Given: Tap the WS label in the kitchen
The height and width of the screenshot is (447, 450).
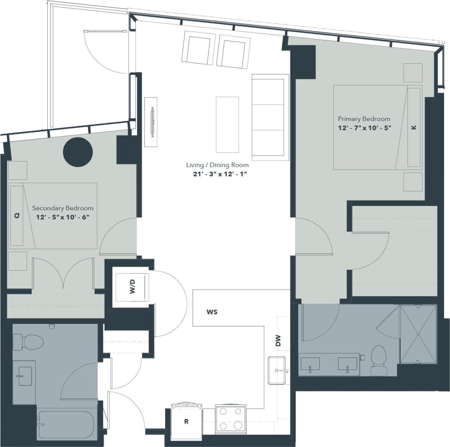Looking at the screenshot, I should pyautogui.click(x=211, y=312).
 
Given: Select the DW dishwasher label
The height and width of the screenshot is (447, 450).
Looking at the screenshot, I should pyautogui.click(x=278, y=340).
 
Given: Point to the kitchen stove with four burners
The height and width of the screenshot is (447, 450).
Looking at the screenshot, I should pyautogui.click(x=231, y=419).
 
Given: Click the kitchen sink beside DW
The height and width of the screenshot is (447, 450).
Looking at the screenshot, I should pyautogui.click(x=277, y=370).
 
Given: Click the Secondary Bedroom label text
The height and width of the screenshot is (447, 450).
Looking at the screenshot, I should pyautogui.click(x=63, y=207).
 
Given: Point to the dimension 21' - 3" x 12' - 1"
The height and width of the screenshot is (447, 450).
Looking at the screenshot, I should pyautogui.click(x=217, y=173).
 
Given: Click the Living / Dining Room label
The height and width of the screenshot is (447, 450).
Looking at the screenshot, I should pyautogui.click(x=217, y=165).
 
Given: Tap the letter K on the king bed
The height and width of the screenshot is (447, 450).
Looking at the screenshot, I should pyautogui.click(x=414, y=128).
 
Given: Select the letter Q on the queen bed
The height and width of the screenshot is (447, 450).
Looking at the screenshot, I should pyautogui.click(x=17, y=215).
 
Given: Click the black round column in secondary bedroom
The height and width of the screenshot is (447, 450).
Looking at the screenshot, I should pyautogui.click(x=78, y=152).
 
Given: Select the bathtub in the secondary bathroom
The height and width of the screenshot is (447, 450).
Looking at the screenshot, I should pyautogui.click(x=67, y=425).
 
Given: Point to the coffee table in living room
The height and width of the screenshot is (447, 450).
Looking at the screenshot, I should pyautogui.click(x=228, y=124).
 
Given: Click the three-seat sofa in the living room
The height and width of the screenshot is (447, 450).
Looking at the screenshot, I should pyautogui.click(x=270, y=117).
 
